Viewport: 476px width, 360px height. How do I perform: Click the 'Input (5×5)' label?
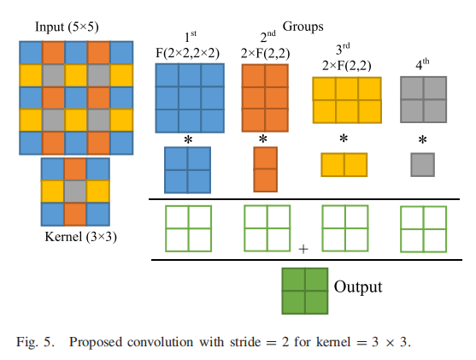click(x=75, y=26)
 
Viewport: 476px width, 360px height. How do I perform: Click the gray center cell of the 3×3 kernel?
click(x=75, y=190)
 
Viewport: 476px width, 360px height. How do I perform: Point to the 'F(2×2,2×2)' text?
click(x=189, y=53)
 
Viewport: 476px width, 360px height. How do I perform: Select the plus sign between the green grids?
click(x=303, y=248)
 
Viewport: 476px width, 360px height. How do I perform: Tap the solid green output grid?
click(x=305, y=291)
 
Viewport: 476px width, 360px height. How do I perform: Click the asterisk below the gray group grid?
click(x=422, y=141)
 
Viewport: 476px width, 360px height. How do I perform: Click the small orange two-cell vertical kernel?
click(x=264, y=169)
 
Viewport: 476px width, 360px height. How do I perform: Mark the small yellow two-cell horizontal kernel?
click(x=344, y=164)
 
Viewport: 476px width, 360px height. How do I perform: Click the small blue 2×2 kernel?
click(x=187, y=169)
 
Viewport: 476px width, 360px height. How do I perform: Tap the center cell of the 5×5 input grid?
click(x=75, y=95)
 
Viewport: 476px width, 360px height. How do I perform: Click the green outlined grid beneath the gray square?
click(x=423, y=228)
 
